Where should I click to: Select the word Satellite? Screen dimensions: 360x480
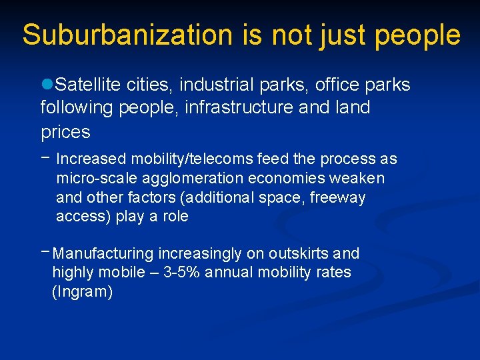point(87,85)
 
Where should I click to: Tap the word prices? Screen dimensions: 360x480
point(65,132)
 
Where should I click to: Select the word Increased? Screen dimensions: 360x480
point(91,159)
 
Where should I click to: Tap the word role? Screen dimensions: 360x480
point(174,217)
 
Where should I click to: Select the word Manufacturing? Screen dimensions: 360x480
point(103,254)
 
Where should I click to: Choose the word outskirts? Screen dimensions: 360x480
point(298,254)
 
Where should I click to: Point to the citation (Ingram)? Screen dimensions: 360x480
point(83,292)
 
